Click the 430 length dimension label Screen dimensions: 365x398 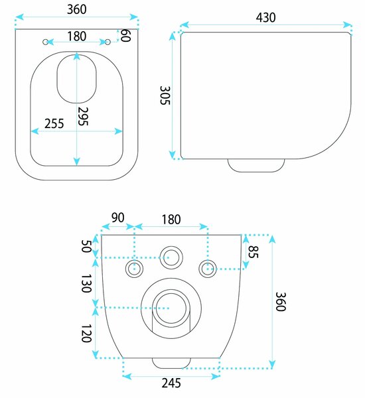tap(265, 17)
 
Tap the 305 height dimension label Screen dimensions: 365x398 tap(165, 95)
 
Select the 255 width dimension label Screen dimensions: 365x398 tap(54, 123)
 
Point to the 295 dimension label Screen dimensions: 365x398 tap(83, 116)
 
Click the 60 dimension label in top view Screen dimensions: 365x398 tap(125, 35)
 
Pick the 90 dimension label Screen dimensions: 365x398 tap(118, 218)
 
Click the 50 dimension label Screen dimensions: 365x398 tap(86, 246)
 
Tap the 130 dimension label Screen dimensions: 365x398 tap(86, 283)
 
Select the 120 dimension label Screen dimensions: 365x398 tap(86, 333)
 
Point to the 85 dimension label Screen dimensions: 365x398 tap(253, 251)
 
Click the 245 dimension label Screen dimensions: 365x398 tap(171, 383)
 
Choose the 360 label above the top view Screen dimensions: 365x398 tap(77, 9)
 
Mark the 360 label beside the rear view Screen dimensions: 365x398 tap(281, 302)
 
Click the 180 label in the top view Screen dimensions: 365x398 tap(77, 36)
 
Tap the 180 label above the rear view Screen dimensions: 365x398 tap(171, 220)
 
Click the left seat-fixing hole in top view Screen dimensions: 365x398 tap(46, 42)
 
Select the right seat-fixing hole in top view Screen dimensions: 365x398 tap(108, 42)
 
